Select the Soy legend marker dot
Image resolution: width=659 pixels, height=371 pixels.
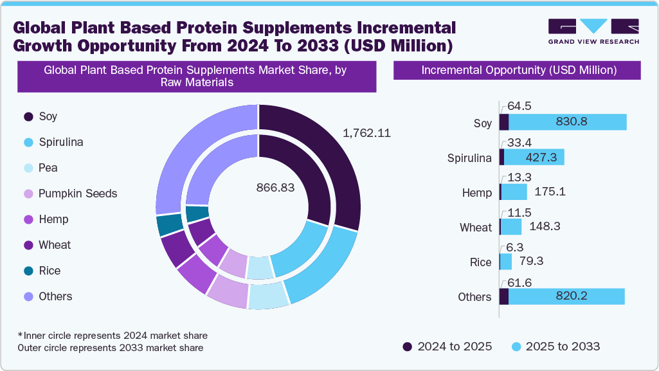28,116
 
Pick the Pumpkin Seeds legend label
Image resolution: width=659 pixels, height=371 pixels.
78,194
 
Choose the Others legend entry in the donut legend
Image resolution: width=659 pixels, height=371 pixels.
55,296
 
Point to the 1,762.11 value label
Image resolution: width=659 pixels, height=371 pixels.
366,133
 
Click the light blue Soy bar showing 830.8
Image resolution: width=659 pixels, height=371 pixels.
567,122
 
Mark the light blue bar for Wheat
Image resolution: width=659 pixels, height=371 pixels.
511,227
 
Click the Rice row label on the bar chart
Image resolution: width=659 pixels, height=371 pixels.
480,262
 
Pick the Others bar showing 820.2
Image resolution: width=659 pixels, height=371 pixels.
566,296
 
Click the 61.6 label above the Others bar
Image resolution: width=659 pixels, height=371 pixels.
519,281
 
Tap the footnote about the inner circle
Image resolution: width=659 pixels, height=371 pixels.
113,336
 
